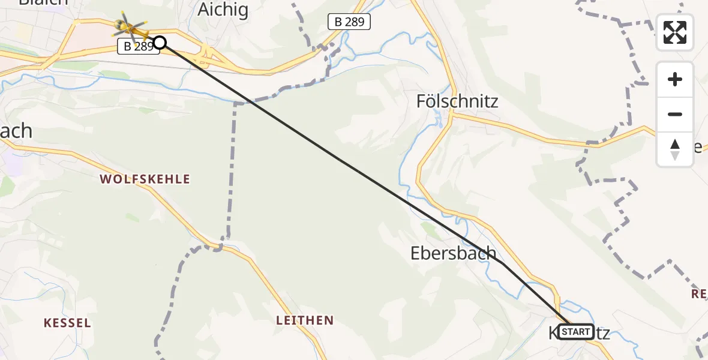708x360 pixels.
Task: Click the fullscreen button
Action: (x=675, y=32)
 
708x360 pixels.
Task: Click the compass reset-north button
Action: (x=675, y=149)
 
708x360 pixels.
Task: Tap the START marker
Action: (x=576, y=331)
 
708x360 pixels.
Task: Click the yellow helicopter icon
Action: (x=130, y=26)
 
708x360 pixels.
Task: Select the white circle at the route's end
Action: (x=160, y=42)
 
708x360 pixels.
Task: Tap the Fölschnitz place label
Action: (x=457, y=101)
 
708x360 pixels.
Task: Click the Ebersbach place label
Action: (x=453, y=253)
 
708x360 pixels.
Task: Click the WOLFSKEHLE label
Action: (x=145, y=179)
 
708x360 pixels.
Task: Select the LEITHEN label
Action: (x=304, y=320)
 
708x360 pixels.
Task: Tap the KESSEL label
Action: (x=67, y=323)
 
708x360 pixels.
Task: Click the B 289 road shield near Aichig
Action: (x=349, y=23)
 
